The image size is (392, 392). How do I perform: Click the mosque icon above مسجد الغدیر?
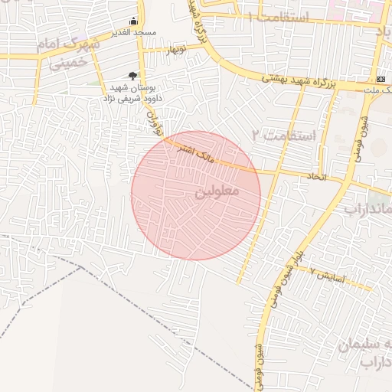tap(134, 21)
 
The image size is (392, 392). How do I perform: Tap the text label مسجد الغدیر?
tap(135, 33)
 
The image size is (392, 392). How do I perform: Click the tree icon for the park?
tap(133, 76)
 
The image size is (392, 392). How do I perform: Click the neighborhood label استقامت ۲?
tap(288, 136)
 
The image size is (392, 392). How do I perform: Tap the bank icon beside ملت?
tap(381, 80)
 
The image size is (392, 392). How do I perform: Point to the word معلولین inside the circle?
tap(218, 190)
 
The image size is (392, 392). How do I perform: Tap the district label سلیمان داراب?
tap(365, 352)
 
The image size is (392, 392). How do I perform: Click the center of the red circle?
tap(195, 195)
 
